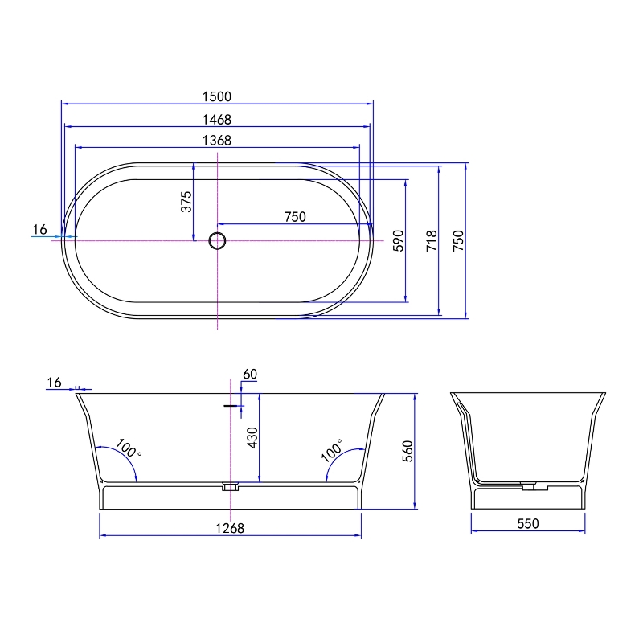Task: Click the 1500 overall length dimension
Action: (217, 96)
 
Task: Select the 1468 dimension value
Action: (217, 120)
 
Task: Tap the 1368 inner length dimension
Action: (217, 141)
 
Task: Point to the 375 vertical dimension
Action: (186, 202)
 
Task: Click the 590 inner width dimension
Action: (399, 240)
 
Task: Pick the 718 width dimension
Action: (432, 240)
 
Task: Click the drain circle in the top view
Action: (217, 240)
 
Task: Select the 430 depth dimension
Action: (252, 437)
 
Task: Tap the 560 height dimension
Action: (408, 451)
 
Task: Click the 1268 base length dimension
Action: (230, 528)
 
